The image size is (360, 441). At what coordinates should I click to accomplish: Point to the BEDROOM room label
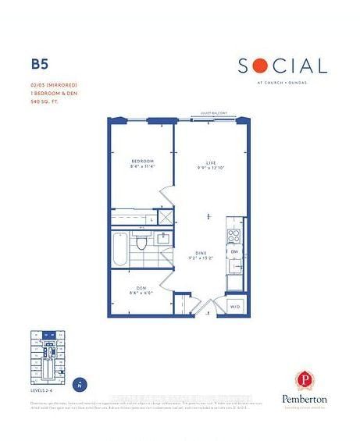143,161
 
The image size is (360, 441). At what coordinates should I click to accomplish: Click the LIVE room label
209,162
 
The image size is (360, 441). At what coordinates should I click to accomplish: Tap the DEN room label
142,289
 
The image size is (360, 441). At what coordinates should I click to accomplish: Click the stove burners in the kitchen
232,234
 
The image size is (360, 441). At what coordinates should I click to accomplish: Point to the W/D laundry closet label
235,307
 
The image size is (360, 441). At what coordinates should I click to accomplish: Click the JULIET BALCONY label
212,113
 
